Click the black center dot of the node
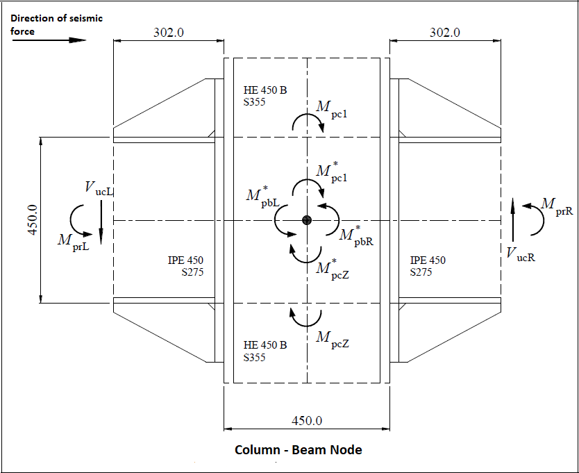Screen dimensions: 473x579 coord(307,220)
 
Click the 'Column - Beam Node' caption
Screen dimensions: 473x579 coord(298,449)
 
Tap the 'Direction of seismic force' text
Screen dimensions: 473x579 coord(56,24)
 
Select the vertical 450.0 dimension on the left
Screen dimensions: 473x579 coord(32,220)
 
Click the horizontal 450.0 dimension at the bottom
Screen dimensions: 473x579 coord(307,421)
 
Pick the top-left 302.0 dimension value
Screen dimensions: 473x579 coord(168,32)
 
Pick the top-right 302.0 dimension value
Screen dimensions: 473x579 coord(445,32)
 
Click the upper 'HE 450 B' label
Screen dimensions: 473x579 coord(265,90)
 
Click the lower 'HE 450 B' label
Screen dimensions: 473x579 coord(265,345)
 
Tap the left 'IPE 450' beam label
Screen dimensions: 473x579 coord(186,260)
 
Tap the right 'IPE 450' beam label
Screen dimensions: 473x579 coord(428,260)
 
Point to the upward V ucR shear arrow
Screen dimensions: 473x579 coord(512,222)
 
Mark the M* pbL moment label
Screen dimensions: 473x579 coord(262,197)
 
